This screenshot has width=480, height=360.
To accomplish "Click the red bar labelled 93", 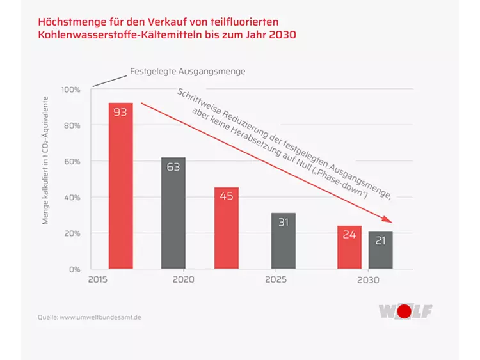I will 121,185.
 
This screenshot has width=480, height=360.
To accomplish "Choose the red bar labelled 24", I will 349,247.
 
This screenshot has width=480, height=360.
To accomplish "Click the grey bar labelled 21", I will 381,250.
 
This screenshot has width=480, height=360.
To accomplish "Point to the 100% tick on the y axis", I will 70,90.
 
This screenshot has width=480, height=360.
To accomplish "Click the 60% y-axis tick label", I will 72,162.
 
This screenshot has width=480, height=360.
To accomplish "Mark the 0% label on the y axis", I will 74,270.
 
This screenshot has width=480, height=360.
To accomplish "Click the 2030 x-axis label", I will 368,279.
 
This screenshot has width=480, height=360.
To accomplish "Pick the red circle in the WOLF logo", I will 404,311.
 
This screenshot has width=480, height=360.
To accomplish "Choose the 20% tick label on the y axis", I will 72,233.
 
